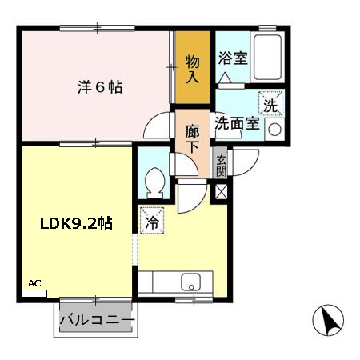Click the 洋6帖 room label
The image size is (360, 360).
(100, 87)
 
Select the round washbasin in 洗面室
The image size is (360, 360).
(274, 129)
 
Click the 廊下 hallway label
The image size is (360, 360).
(193, 137)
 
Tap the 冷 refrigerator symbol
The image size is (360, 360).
(150, 219)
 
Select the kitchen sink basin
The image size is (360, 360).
(191, 281)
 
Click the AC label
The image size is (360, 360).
(34, 283)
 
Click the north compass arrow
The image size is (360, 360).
(327, 322)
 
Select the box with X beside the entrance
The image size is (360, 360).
(221, 191)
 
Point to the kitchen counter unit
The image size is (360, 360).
(177, 282)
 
